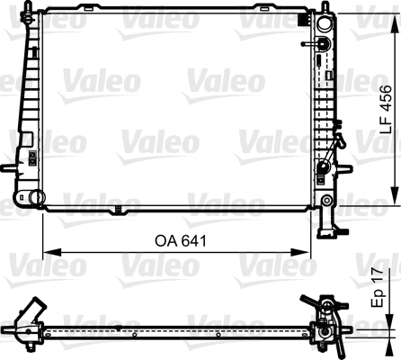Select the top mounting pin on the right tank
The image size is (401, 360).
tap(321, 10)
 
